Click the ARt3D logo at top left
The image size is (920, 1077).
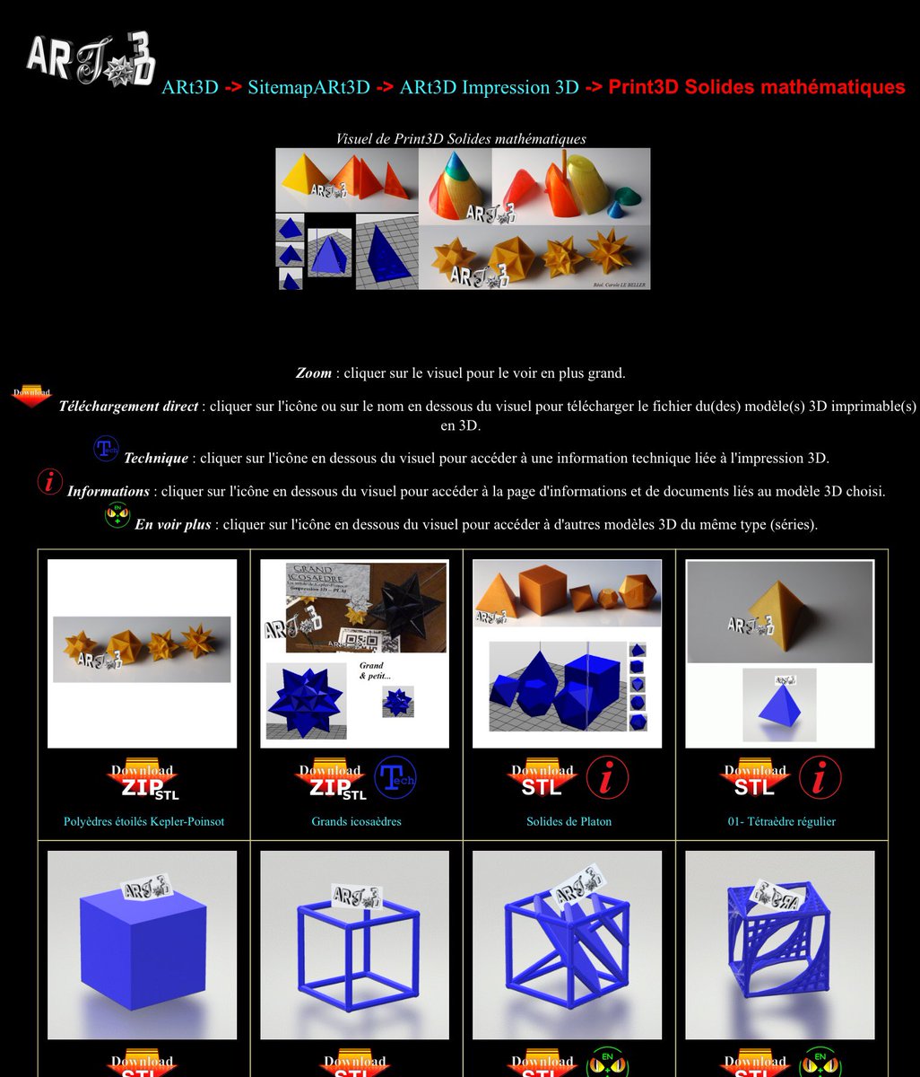point(90,60)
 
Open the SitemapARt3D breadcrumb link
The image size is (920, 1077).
point(308,87)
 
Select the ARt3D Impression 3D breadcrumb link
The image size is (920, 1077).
point(489,87)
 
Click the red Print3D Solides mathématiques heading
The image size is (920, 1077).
point(756,87)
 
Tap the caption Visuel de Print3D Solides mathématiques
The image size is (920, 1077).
point(461,139)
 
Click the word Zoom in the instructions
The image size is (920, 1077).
point(313,373)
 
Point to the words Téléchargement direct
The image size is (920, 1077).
point(128,407)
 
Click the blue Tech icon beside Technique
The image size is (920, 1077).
point(107,449)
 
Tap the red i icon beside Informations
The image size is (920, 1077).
point(50,482)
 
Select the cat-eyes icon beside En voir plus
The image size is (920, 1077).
point(117,515)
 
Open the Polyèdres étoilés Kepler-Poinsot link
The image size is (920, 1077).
point(143,821)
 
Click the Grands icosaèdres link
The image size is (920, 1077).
point(356,821)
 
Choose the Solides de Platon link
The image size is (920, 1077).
point(568,821)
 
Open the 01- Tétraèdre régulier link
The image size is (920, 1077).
point(781,821)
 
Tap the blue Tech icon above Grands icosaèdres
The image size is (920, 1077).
point(395,777)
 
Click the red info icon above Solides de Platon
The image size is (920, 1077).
point(607,777)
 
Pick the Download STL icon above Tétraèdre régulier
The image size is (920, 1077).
point(754,778)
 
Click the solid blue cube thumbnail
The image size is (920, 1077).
point(143,944)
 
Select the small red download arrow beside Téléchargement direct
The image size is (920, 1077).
point(31,396)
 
